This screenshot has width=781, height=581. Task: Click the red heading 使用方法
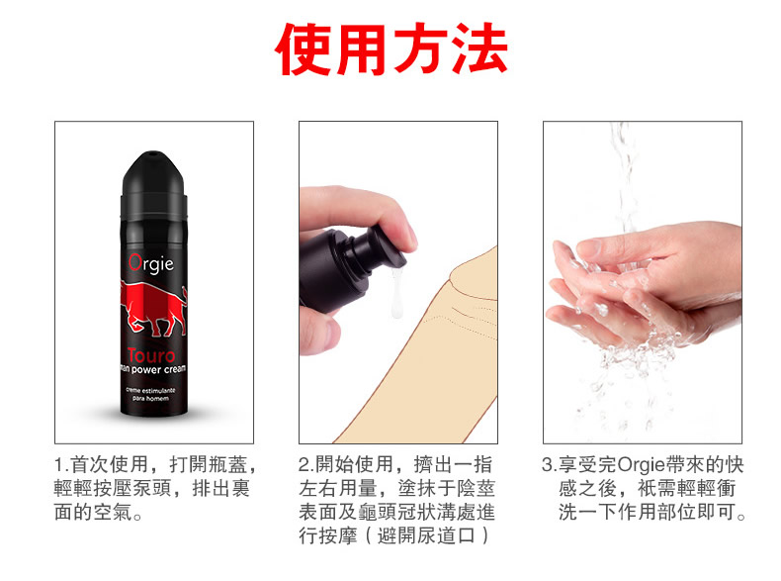[391, 48]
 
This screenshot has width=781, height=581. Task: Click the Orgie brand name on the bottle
[151, 263]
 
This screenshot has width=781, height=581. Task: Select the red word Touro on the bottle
[151, 355]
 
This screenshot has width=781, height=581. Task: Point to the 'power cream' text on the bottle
[158, 369]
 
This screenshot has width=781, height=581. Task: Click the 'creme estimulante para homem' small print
[150, 394]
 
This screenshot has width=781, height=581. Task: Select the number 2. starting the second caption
[306, 465]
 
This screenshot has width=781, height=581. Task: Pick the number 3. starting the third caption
[550, 465]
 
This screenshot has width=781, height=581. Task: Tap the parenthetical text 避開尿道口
[426, 536]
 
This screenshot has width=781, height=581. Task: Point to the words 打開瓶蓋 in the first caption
[209, 465]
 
